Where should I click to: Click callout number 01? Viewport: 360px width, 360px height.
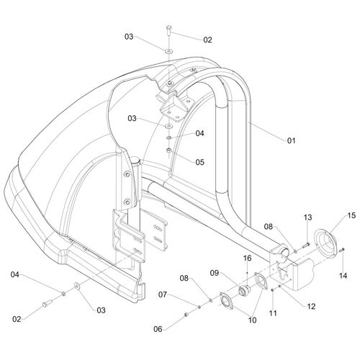click(x=292, y=140)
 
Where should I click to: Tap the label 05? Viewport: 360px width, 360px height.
click(x=199, y=162)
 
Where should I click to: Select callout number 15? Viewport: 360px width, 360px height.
click(x=351, y=215)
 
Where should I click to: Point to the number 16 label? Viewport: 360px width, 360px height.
click(x=247, y=258)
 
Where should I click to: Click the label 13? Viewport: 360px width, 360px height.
click(x=308, y=217)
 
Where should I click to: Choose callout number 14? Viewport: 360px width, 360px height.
click(x=343, y=276)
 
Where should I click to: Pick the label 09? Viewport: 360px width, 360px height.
click(x=215, y=273)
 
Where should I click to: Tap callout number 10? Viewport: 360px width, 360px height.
click(x=252, y=320)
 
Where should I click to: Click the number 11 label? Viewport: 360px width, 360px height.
click(x=273, y=313)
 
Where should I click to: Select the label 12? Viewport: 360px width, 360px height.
click(x=311, y=306)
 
